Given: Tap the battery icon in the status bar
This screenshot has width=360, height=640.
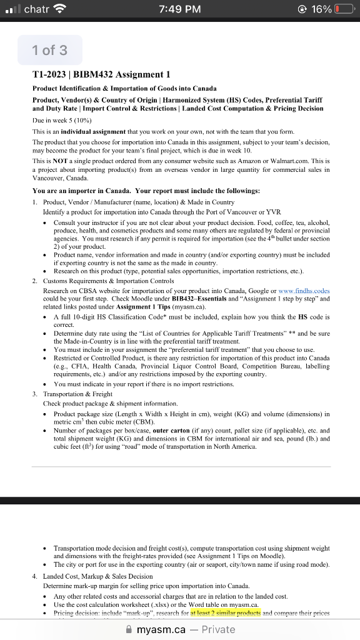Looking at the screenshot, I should (342, 9).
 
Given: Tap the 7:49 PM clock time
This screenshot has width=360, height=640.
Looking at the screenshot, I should (180, 9).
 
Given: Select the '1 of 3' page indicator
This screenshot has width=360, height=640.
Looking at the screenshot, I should (50, 50).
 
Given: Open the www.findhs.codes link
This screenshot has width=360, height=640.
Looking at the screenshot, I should (304, 291).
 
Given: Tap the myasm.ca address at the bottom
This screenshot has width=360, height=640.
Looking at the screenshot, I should (161, 629).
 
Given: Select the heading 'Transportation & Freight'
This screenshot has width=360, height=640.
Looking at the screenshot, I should (78, 394).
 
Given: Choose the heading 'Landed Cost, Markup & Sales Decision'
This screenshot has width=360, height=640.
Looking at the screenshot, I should (98, 576).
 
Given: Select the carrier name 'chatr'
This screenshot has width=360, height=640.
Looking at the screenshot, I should (37, 9).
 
